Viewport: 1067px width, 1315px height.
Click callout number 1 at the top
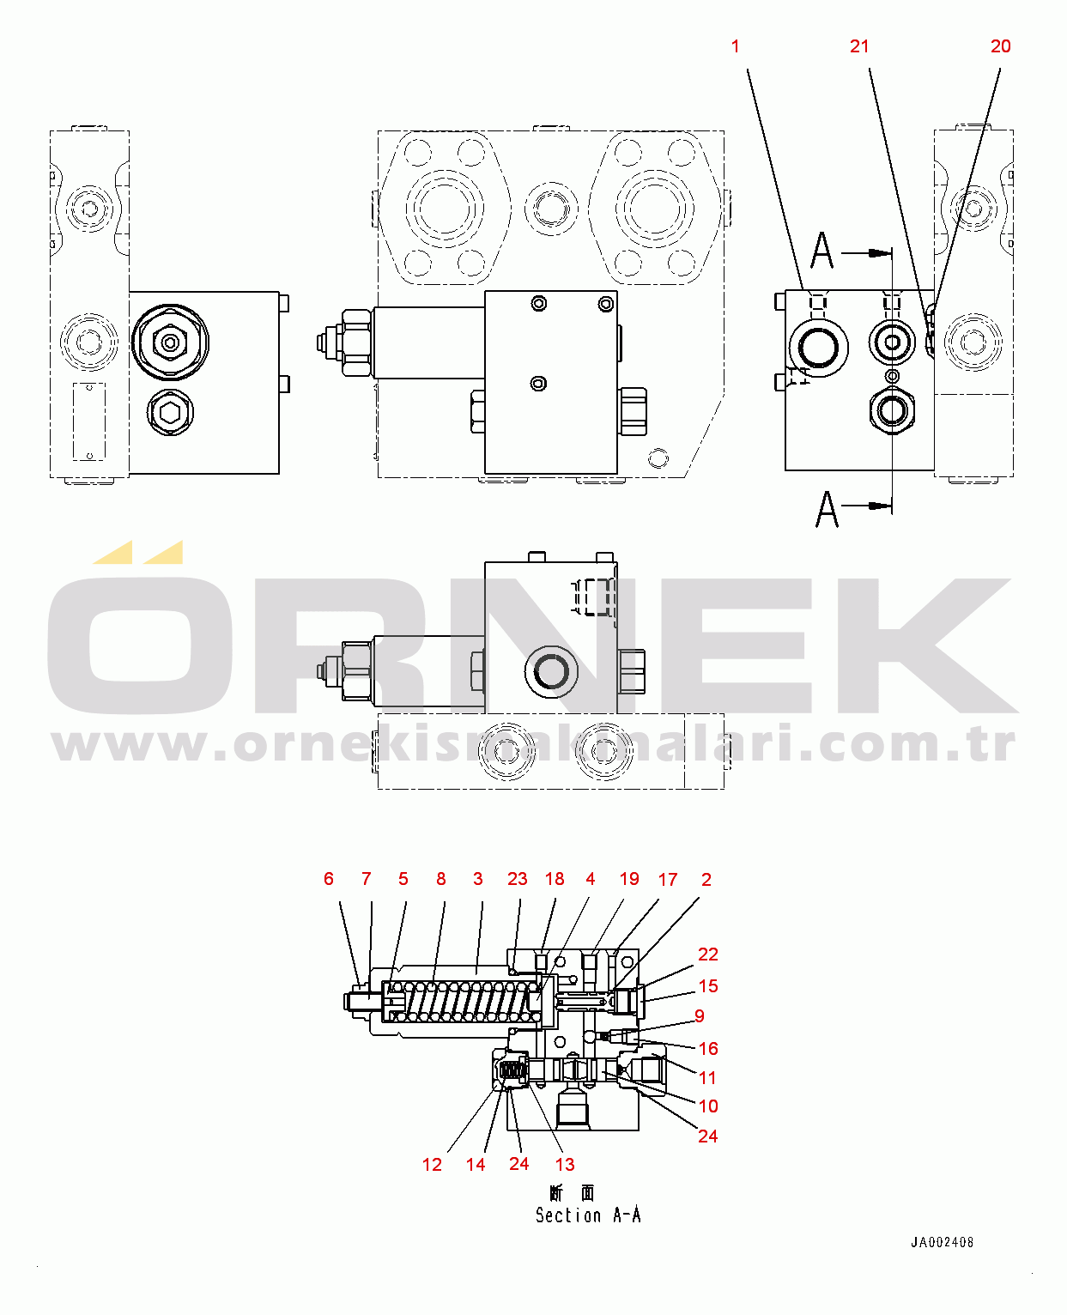coord(735,46)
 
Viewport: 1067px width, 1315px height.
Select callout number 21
coord(859,46)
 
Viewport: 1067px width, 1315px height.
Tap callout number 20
coord(1001,46)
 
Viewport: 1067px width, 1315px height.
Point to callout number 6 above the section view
coord(329,879)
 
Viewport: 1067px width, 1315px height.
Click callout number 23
coord(517,879)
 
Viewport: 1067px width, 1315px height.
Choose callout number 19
coord(629,879)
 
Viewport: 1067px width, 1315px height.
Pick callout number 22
coord(708,954)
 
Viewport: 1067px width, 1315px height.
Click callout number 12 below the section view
coord(432,1165)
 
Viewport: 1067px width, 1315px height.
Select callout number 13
coord(564,1165)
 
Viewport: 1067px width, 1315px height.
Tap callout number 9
coord(700,1016)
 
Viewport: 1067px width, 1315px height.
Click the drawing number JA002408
coord(942,1242)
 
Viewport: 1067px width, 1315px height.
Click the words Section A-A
coord(588,1215)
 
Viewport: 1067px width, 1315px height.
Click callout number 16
coord(708,1049)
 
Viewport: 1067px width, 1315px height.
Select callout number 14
coord(476,1165)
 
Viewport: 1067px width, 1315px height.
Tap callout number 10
coord(708,1106)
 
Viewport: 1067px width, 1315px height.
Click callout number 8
coord(441,879)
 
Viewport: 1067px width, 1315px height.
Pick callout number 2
coord(706,879)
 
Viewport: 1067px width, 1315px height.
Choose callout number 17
coord(668,879)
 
